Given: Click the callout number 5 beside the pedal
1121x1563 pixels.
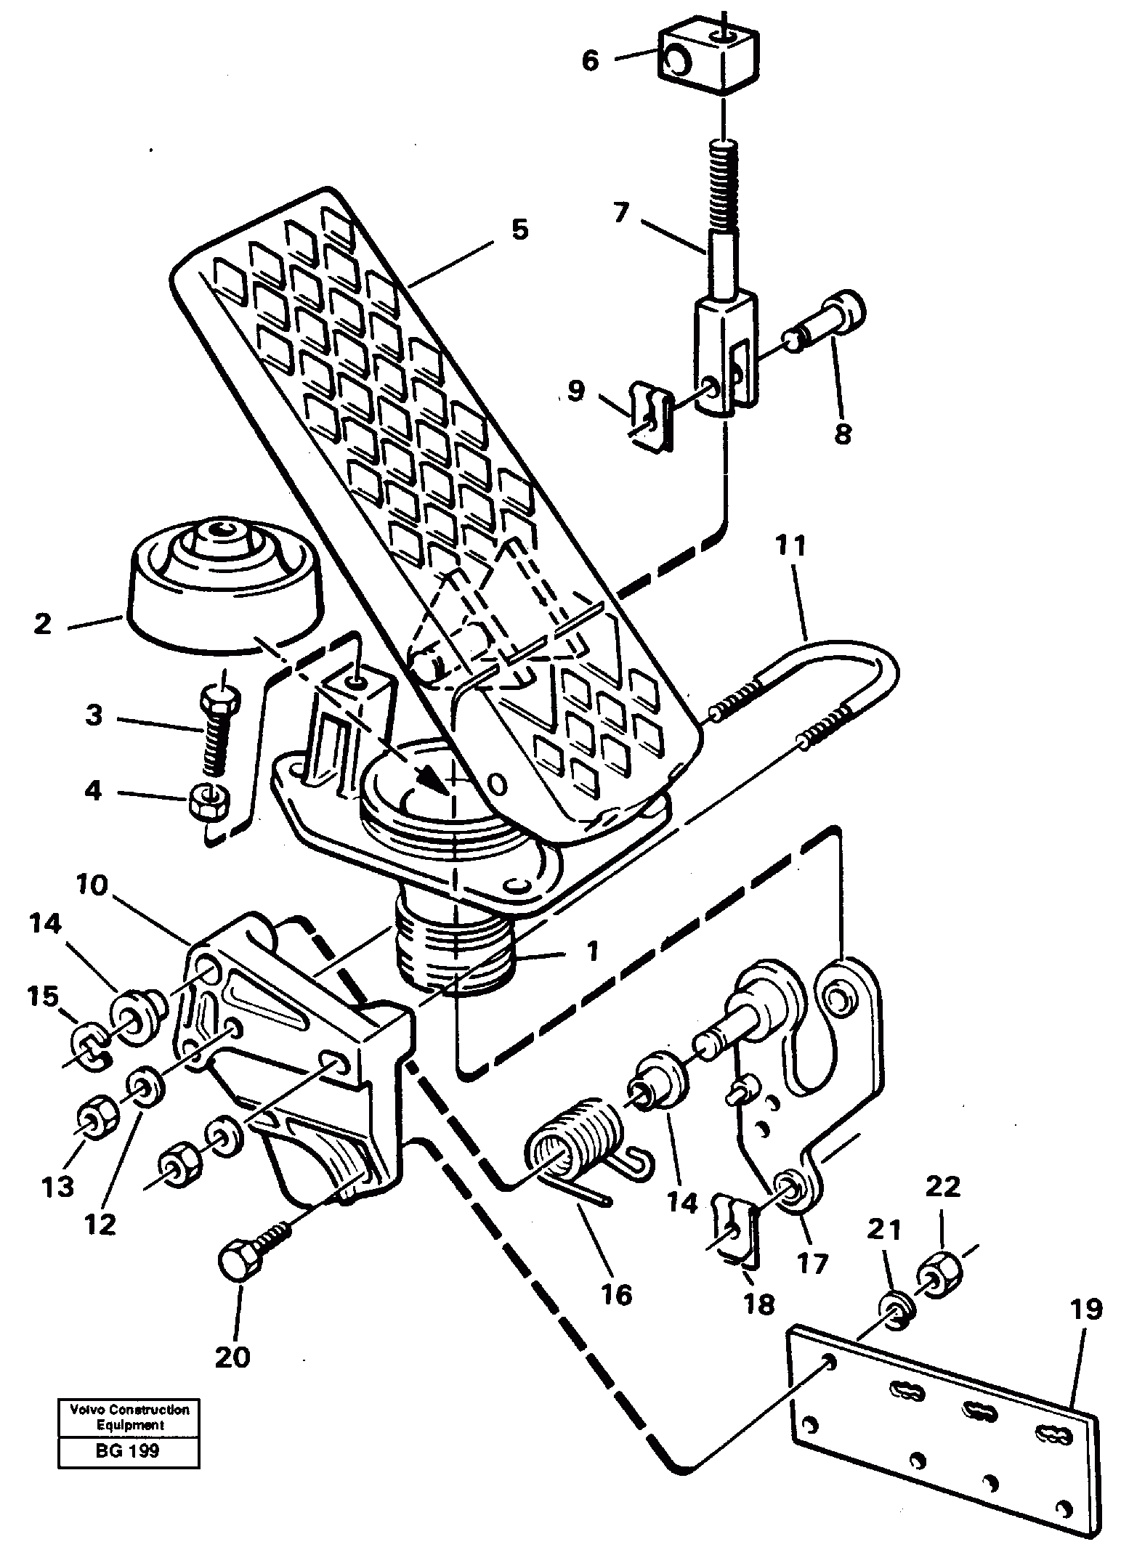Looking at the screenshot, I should coord(519,230).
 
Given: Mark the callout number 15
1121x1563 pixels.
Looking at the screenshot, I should coord(43,996).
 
